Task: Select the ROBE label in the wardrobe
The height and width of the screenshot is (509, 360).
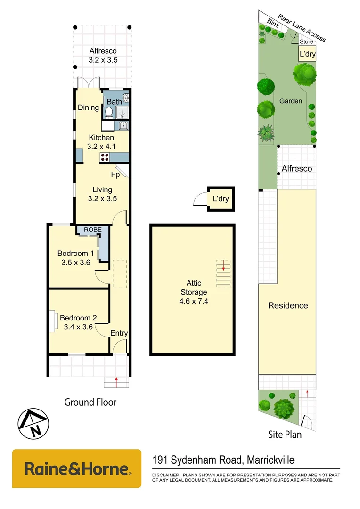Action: (92, 230)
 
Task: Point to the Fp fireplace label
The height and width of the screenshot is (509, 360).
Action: (115, 174)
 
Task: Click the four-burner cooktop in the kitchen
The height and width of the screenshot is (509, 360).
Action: (105, 158)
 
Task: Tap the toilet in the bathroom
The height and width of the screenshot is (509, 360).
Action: (108, 112)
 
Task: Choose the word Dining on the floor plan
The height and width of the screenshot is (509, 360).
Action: (89, 107)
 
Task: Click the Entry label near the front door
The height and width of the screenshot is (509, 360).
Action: (119, 333)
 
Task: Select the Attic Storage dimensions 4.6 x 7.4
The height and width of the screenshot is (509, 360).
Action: (194, 301)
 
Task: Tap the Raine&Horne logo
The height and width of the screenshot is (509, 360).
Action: (77, 469)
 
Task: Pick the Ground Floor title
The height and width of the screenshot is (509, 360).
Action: (90, 402)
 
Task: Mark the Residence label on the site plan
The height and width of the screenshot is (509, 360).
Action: (288, 305)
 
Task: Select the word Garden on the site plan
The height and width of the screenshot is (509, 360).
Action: (291, 101)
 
